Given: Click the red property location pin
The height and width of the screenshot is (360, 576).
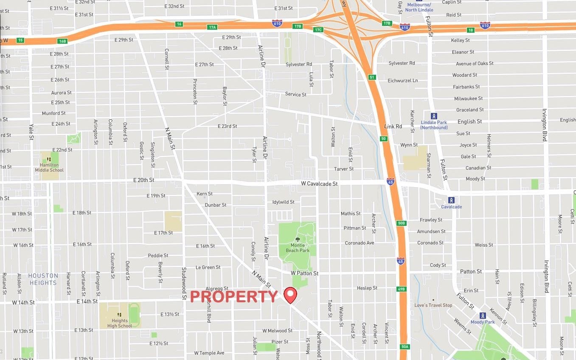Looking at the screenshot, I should pyautogui.click(x=290, y=294).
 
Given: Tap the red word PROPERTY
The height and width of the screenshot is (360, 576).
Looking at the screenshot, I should pyautogui.click(x=233, y=297).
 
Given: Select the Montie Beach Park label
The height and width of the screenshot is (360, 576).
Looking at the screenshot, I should pyautogui.click(x=298, y=248).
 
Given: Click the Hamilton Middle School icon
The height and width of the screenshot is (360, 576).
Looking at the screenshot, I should pyautogui.click(x=49, y=160).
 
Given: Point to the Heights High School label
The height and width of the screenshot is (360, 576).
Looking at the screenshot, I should pyautogui.click(x=120, y=323).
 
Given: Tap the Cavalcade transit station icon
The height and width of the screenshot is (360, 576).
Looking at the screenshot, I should pyautogui.click(x=451, y=200).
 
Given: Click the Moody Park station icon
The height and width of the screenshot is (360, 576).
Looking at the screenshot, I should pyautogui.click(x=483, y=315).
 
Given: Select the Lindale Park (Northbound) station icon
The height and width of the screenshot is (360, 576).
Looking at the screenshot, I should pyautogui.click(x=433, y=116).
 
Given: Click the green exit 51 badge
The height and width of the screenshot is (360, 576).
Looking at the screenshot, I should pyautogui.click(x=372, y=77).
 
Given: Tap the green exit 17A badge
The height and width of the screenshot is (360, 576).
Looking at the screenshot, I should pyautogui.click(x=212, y=27).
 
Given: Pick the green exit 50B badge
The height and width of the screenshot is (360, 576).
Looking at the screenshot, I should pyautogui.click(x=402, y=223).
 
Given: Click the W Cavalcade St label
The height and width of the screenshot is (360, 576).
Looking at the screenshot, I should pyautogui.click(x=319, y=184).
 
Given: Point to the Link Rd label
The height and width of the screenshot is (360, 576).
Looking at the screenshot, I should pyautogui.click(x=393, y=127).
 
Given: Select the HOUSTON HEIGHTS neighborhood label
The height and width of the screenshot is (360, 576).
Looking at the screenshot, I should pyautogui.click(x=43, y=279).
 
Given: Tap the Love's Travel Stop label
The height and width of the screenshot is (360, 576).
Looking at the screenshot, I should pyautogui.click(x=433, y=305).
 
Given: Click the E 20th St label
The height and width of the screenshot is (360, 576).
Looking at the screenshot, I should pyautogui.click(x=143, y=180).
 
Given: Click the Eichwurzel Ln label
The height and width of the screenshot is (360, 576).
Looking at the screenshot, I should pyautogui.click(x=402, y=81).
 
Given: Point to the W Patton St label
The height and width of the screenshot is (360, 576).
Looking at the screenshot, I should pyautogui.click(x=304, y=273).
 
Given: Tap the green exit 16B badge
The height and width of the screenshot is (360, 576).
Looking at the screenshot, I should pyautogui.click(x=63, y=41).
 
